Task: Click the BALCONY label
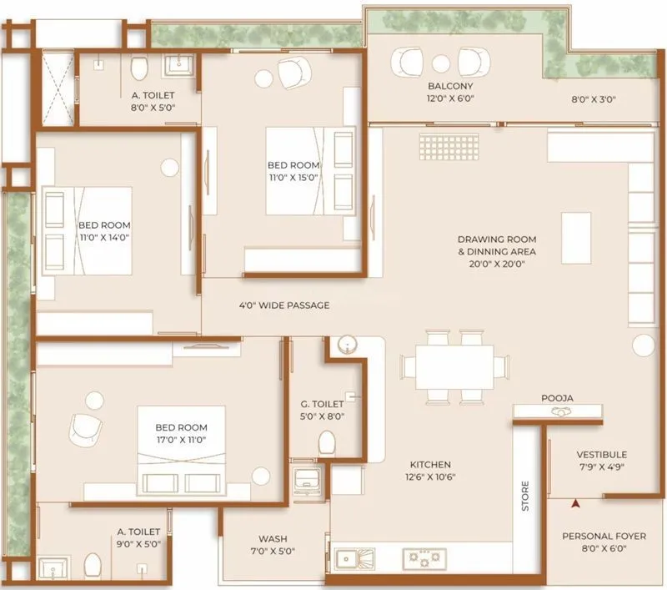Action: tap(450, 86)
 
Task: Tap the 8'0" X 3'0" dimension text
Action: tap(593, 98)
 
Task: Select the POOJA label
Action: tap(557, 398)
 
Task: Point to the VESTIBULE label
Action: tap(601, 454)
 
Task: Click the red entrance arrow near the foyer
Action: tap(575, 503)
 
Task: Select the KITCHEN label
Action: tap(430, 464)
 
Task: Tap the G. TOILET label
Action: tap(322, 404)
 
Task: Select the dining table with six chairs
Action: tap(455, 366)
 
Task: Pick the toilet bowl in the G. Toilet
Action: tap(328, 441)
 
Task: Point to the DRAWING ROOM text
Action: tap(497, 239)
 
